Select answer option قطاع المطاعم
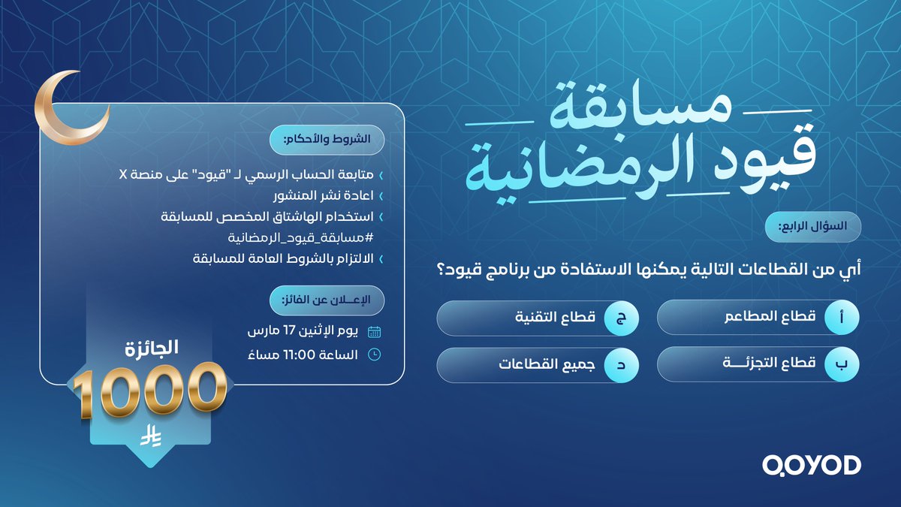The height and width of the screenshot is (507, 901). click(758, 318)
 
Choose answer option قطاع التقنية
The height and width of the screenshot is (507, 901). click(538, 318)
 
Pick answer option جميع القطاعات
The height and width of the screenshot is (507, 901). click(538, 364)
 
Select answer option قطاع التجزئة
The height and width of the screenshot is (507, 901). click(758, 364)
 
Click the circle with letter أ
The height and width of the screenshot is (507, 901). click(840, 318)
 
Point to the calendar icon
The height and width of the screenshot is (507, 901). click(375, 331)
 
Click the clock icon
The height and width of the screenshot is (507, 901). click(375, 355)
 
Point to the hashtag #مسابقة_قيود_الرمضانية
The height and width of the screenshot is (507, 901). click(307, 238)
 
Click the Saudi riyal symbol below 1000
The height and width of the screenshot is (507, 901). click(150, 438)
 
